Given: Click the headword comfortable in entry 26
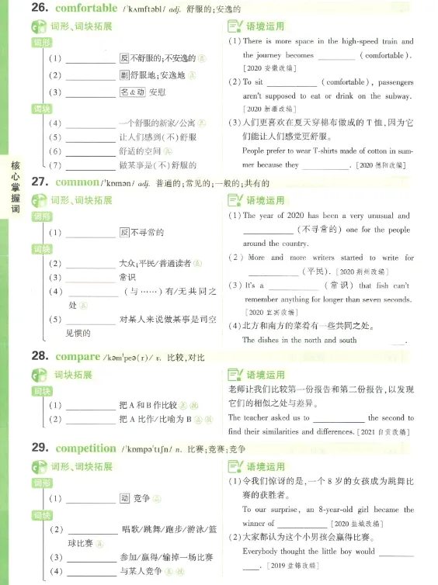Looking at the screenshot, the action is click(86, 9).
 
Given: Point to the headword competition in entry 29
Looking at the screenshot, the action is click(86, 448).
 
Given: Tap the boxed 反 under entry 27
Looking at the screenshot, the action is click(124, 232).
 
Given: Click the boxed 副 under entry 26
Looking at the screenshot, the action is click(124, 75).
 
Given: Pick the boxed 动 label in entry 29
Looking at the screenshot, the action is click(124, 498).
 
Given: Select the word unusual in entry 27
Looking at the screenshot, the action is click(375, 216).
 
